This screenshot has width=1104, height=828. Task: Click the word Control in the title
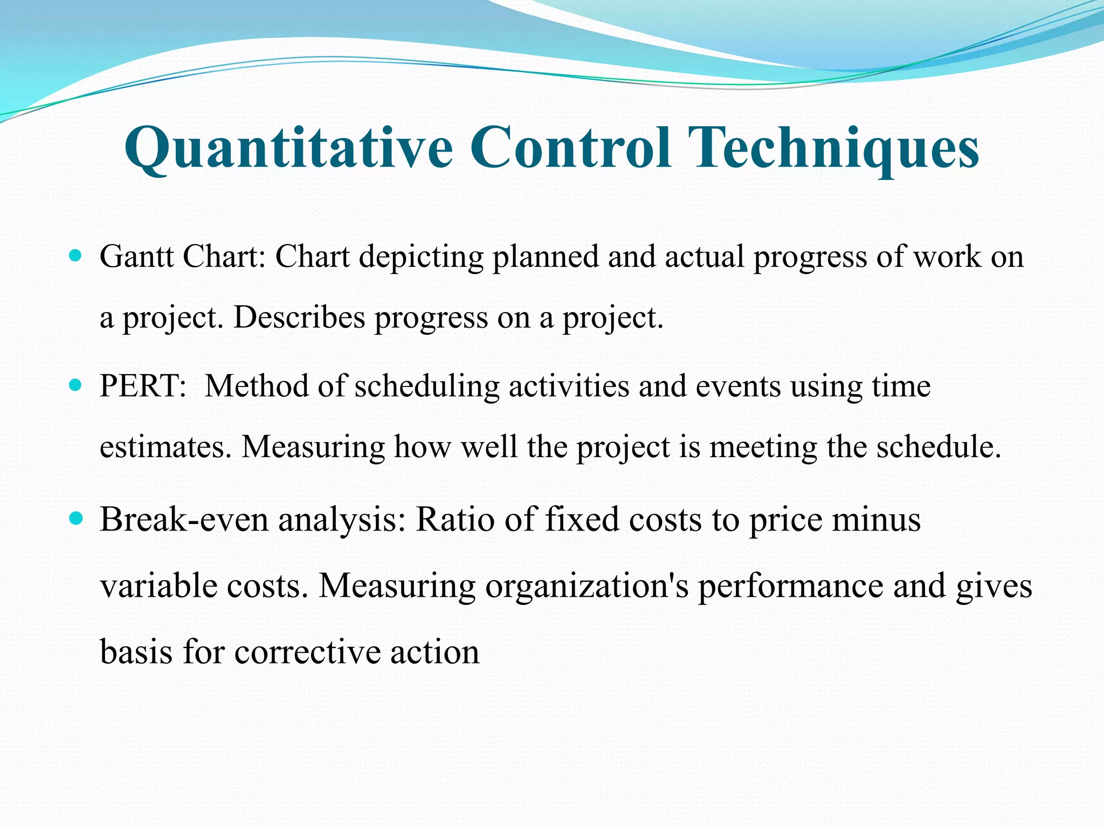click(571, 147)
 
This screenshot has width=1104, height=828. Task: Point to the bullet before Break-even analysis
click(76, 519)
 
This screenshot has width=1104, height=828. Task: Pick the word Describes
click(299, 318)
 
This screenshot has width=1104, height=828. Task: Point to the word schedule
click(938, 447)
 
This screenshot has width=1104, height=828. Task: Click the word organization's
click(587, 586)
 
